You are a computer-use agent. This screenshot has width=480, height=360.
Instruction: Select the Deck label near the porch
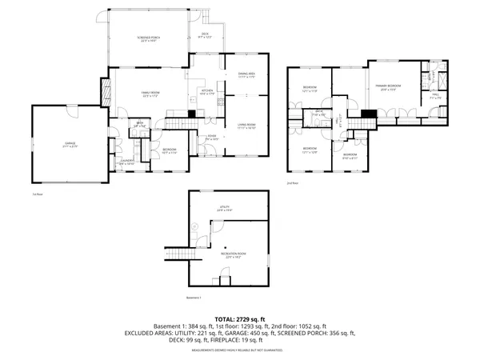click(205, 34)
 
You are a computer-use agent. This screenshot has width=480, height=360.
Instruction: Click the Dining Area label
click(246, 75)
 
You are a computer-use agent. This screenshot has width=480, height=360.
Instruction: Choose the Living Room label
click(246, 125)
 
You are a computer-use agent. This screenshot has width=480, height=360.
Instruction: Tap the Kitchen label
click(207, 92)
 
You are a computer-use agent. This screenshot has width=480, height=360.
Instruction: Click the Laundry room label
click(126, 162)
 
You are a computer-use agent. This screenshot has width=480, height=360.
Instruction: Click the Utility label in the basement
click(226, 207)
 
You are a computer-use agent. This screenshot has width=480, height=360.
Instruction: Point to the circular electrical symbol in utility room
click(196, 226)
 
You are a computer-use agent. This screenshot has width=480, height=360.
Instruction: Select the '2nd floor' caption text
click(292, 183)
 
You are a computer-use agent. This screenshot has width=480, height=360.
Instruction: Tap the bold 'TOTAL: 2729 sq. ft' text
click(240, 318)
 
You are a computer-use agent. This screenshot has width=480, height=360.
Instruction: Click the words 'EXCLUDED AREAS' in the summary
click(152, 332)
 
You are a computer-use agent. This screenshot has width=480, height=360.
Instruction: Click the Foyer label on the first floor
click(212, 138)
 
